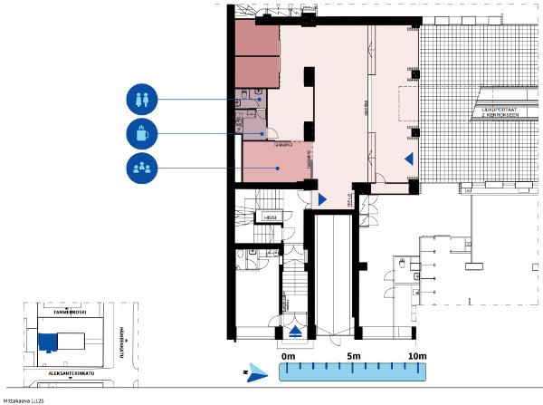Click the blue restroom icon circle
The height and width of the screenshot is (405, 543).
(x=143, y=100)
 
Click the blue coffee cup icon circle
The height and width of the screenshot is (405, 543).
(x=143, y=134)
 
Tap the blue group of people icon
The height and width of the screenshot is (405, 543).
(x=143, y=169)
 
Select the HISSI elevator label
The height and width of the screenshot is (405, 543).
(x=270, y=217)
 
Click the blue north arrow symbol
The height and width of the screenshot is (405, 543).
(x=259, y=371)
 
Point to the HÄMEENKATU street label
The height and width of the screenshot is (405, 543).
(x=119, y=339)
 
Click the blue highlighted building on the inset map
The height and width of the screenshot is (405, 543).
(x=46, y=341)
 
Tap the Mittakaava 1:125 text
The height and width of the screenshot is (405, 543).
(x=24, y=399)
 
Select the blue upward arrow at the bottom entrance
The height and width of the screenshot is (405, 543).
(x=296, y=332)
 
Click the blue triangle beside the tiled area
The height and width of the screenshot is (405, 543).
(x=409, y=159)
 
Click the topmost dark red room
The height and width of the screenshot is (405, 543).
(x=257, y=38)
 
